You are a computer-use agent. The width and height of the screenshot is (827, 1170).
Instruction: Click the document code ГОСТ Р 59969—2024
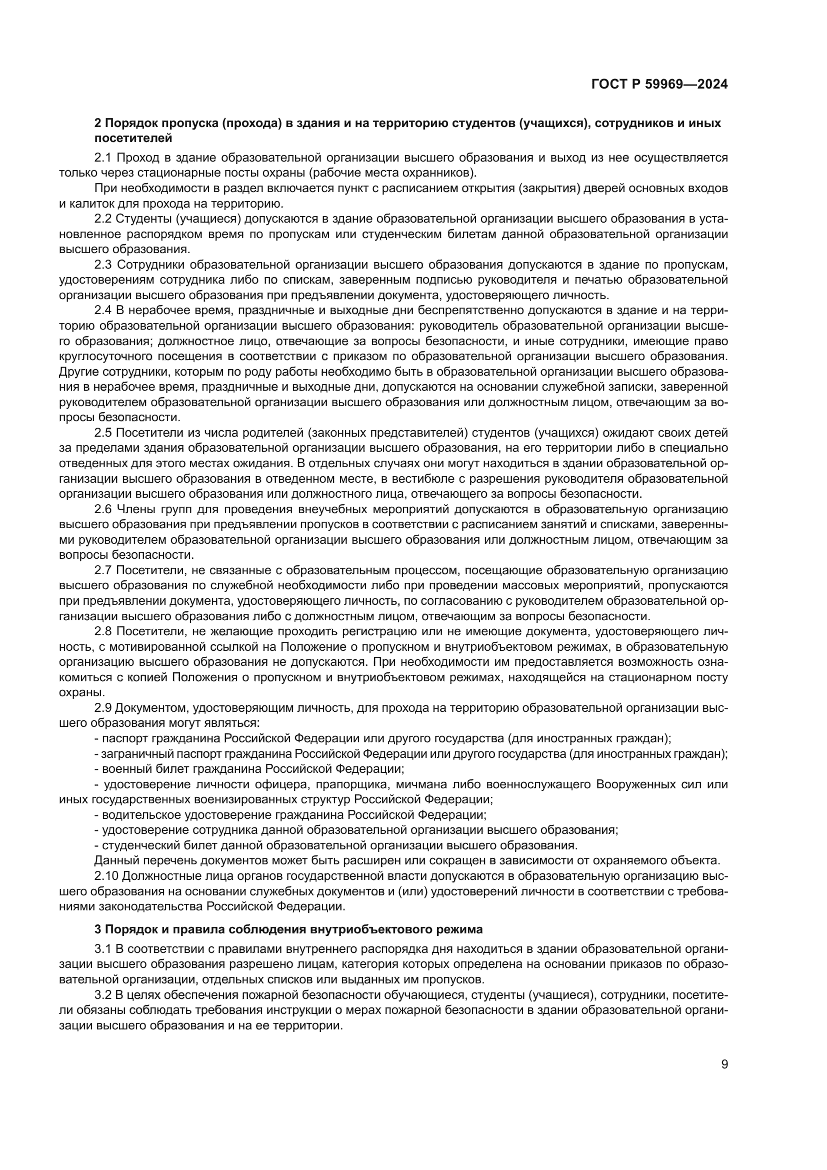click(659, 85)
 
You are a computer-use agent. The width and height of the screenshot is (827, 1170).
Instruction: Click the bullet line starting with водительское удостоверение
click(290, 815)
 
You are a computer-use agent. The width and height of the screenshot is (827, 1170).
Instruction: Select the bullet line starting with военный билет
click(249, 769)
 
